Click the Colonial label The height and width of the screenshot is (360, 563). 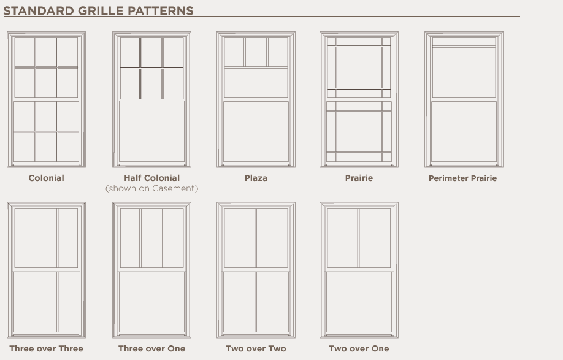(x=47, y=178)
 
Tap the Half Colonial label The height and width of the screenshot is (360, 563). (x=152, y=178)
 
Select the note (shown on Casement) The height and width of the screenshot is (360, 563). (x=152, y=188)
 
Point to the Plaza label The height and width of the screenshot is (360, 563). (x=256, y=178)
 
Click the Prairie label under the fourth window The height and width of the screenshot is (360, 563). (x=359, y=178)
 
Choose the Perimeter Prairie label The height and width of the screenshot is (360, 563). (x=463, y=178)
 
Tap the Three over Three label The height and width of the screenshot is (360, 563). (x=47, y=348)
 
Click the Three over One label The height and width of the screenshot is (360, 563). (x=152, y=348)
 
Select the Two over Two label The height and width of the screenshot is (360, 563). (x=256, y=348)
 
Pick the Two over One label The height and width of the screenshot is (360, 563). (x=359, y=348)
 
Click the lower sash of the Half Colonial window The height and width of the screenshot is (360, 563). (x=152, y=132)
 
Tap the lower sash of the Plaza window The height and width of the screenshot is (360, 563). (x=256, y=132)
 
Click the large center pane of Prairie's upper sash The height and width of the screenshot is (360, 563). (x=359, y=67)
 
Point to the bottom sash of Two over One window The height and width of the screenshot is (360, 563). (x=359, y=302)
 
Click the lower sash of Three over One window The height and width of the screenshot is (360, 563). (x=152, y=302)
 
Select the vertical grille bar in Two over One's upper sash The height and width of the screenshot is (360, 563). (x=358, y=237)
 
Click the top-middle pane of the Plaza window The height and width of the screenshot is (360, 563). (x=256, y=52)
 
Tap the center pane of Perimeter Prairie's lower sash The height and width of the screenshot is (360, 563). (x=464, y=126)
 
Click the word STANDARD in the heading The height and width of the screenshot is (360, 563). (x=39, y=11)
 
